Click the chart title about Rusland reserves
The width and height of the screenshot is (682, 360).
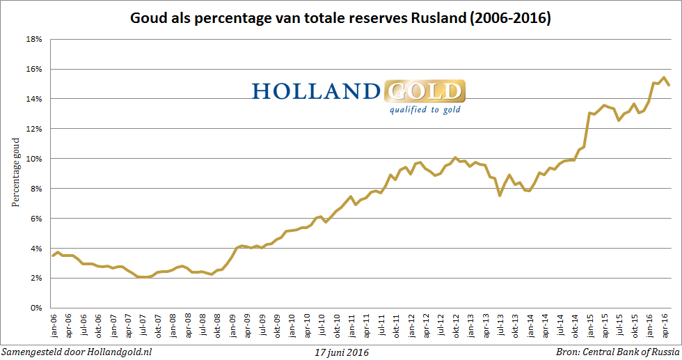[x=341, y=19]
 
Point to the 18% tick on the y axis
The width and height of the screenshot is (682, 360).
[x=34, y=40]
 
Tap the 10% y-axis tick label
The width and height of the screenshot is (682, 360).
[x=34, y=159]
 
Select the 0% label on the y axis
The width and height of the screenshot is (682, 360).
[x=36, y=308]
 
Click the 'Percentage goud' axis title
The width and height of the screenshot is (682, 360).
[x=15, y=173]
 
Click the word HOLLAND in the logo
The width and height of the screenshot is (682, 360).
[x=316, y=91]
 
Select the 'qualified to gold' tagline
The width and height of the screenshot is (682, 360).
[x=425, y=109]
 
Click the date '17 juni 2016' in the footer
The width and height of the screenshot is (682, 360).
[x=341, y=352]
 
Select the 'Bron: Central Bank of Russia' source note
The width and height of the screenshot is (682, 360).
[x=617, y=352]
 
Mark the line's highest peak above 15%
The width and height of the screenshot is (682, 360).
[x=663, y=77]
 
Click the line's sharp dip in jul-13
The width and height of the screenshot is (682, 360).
[x=500, y=195]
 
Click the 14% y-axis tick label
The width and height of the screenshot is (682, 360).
[x=34, y=99]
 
